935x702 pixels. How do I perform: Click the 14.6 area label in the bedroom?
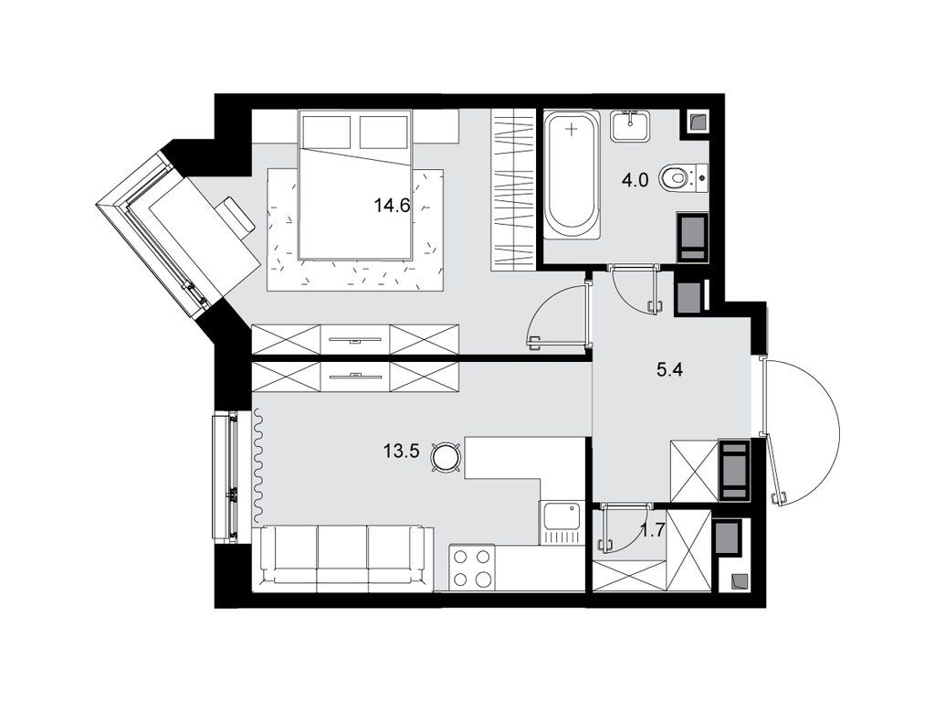[390, 207]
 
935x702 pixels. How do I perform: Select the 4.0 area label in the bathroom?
[635, 180]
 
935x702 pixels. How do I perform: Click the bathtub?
[572, 174]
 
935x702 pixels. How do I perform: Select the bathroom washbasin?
[630, 126]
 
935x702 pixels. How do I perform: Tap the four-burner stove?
[472, 567]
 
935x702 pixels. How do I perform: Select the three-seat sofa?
[342, 554]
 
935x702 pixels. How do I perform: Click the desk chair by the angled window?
[236, 217]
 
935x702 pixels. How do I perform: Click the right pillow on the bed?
[383, 132]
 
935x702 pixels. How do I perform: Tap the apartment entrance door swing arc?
[808, 430]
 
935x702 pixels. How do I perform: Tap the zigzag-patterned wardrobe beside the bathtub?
[512, 189]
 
